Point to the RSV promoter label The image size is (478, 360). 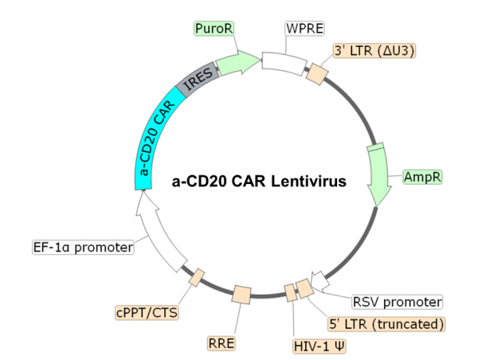tap(397, 302)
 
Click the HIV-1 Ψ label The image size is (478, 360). tap(319, 346)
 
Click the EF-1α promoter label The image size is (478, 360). tap(82, 247)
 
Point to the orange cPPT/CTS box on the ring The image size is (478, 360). tap(195, 277)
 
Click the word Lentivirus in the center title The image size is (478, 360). tap(306, 181)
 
